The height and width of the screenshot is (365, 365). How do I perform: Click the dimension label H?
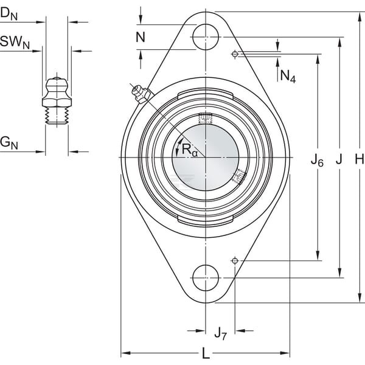click(x=360, y=159)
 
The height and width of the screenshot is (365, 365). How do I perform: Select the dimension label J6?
click(x=318, y=161)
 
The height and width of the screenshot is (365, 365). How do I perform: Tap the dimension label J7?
click(x=220, y=333)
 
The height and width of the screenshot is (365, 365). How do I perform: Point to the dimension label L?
click(x=206, y=353)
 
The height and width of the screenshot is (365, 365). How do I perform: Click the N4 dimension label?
click(x=288, y=77)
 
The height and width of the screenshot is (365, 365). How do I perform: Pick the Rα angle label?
click(x=189, y=150)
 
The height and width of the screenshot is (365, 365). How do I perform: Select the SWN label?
click(x=15, y=43)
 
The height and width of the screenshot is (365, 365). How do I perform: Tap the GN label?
click(x=9, y=143)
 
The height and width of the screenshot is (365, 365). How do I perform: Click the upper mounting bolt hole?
click(x=206, y=37)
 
